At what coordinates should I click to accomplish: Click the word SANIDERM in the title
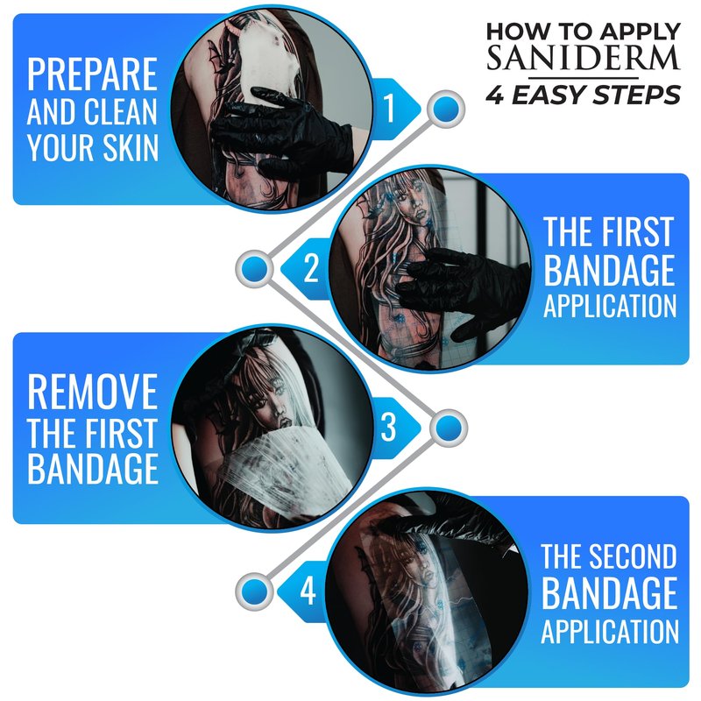point(583,58)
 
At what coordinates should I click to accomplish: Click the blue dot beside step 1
point(446,110)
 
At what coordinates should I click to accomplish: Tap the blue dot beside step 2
point(254,269)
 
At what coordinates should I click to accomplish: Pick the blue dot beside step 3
point(449,428)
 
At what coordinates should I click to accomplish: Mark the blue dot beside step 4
point(254,591)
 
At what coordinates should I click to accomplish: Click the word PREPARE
point(92,74)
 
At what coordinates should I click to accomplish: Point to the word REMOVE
point(92,392)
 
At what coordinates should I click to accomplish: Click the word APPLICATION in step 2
point(610,306)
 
